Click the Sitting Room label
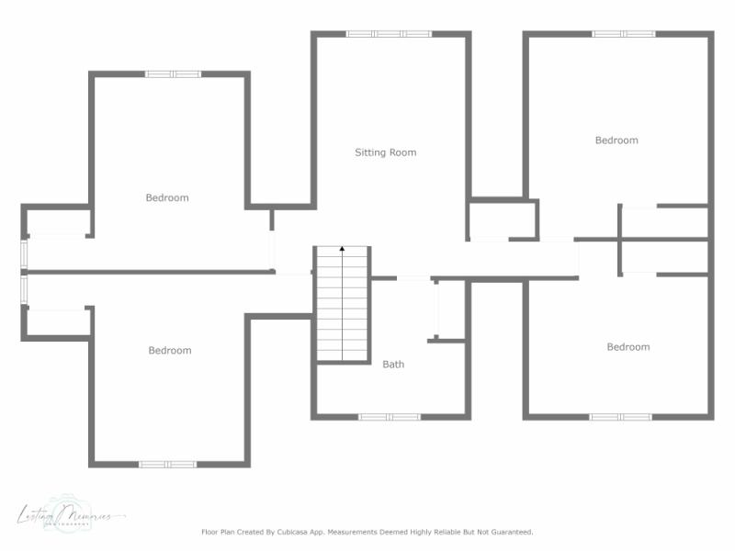386,152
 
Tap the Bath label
393,365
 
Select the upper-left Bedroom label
167,197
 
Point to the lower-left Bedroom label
170,350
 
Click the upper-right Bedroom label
616,141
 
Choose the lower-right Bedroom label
628,347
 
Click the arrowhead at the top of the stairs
343,249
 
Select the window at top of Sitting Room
389,34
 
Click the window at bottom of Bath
390,417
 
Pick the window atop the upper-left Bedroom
173,73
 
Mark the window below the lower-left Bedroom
167,464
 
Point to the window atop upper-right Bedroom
623,34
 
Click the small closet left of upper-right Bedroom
502,220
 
